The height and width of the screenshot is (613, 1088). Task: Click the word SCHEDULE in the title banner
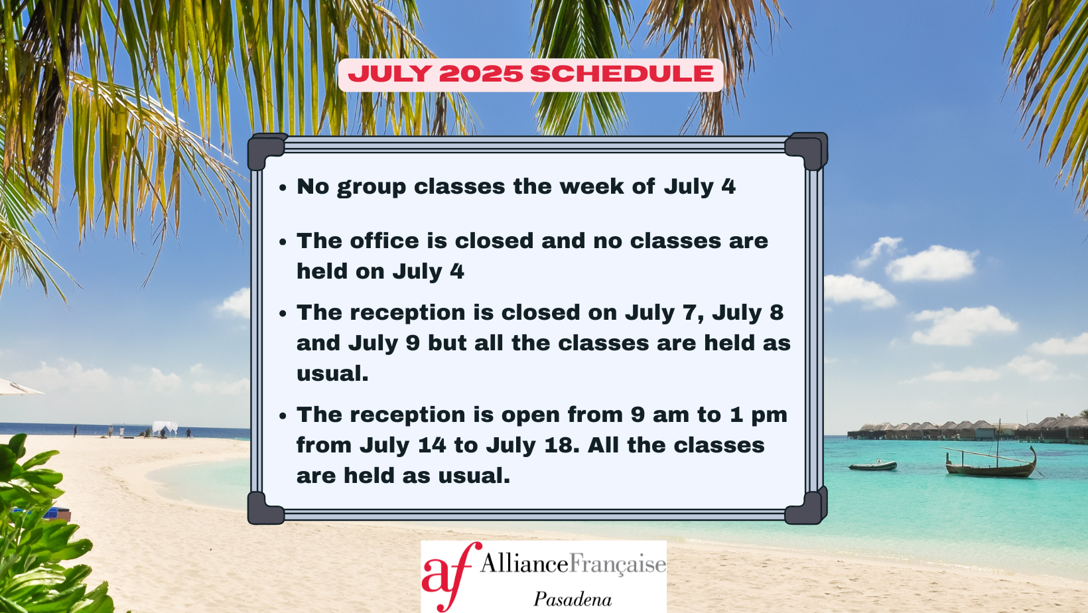[622, 74]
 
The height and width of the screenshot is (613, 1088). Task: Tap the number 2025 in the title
[480, 74]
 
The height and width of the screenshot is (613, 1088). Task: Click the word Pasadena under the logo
[573, 599]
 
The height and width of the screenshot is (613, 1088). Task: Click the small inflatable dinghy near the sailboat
[872, 465]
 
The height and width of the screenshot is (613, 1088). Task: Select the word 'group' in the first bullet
[372, 188]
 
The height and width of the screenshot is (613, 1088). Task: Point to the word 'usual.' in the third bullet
[333, 374]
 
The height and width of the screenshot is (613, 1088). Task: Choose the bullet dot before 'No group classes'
[283, 188]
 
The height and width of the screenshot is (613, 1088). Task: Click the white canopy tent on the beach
[165, 428]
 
